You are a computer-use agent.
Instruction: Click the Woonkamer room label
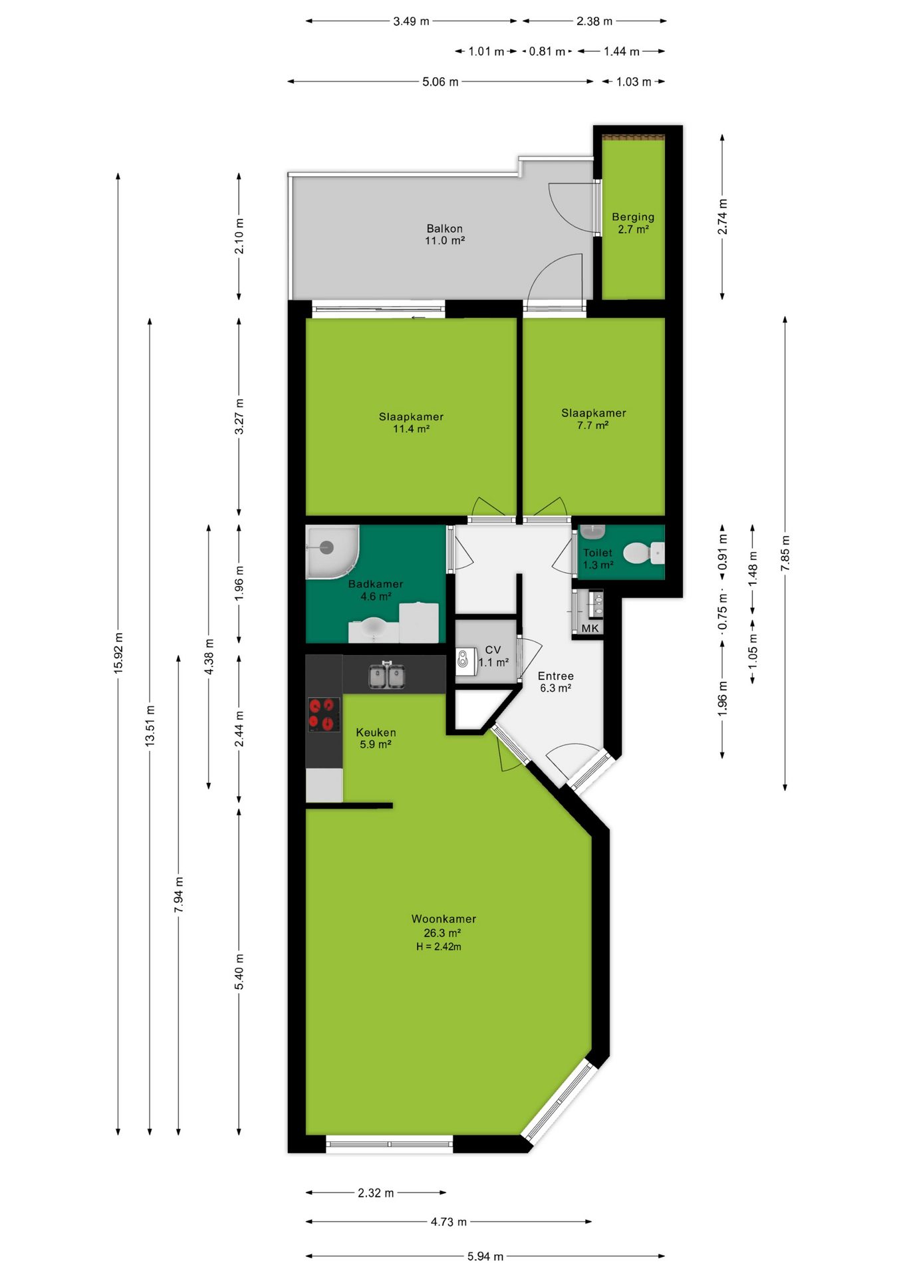click(x=444, y=919)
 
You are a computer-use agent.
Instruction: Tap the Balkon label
click(x=444, y=228)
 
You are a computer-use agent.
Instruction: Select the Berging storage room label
click(x=633, y=217)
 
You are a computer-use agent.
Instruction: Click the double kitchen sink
click(x=387, y=675)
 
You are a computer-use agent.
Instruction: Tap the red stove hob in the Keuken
click(x=324, y=714)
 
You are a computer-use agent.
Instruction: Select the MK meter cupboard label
click(x=590, y=628)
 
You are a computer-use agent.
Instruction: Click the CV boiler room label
click(x=493, y=650)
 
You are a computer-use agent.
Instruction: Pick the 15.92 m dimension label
click(x=118, y=653)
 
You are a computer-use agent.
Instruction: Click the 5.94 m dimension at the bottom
click(x=485, y=1256)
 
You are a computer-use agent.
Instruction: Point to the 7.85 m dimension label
click(x=785, y=553)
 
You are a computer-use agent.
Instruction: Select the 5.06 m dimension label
click(x=440, y=82)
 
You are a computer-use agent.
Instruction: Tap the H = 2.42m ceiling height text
click(x=439, y=946)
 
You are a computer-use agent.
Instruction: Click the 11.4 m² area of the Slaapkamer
click(x=411, y=429)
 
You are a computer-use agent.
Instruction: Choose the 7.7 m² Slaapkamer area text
click(x=593, y=425)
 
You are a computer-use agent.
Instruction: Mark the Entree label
click(x=556, y=676)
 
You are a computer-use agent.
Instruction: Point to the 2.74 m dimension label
click(x=722, y=217)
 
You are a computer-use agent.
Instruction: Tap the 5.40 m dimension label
click(x=239, y=972)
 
